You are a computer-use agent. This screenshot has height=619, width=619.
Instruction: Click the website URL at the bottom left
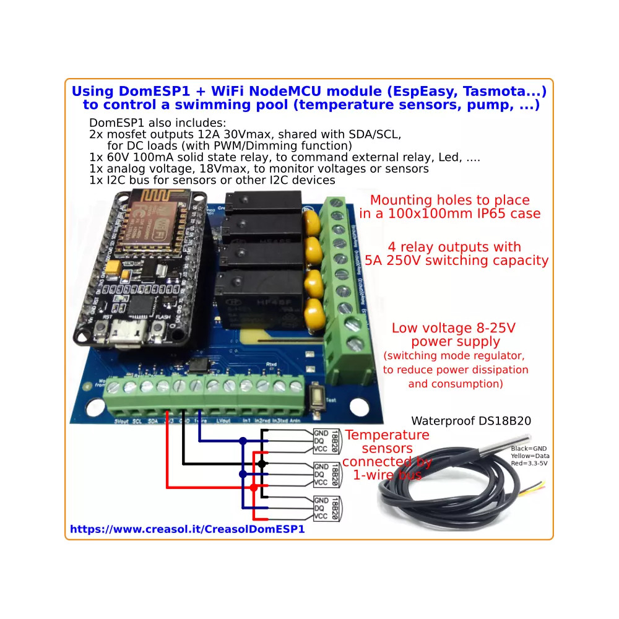[187, 529]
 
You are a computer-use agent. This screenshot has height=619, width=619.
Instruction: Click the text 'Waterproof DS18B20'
[470, 422]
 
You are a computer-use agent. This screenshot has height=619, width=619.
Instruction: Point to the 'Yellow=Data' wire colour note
[529, 456]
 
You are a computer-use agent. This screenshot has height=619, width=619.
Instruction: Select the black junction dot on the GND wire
[262, 463]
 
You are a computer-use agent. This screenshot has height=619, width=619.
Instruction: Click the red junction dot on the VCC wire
[254, 488]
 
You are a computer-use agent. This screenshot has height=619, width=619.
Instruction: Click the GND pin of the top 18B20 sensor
[321, 433]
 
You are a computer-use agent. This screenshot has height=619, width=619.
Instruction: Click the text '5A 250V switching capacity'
[457, 260]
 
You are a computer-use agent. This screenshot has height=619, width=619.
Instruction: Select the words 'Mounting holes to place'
[449, 200]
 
